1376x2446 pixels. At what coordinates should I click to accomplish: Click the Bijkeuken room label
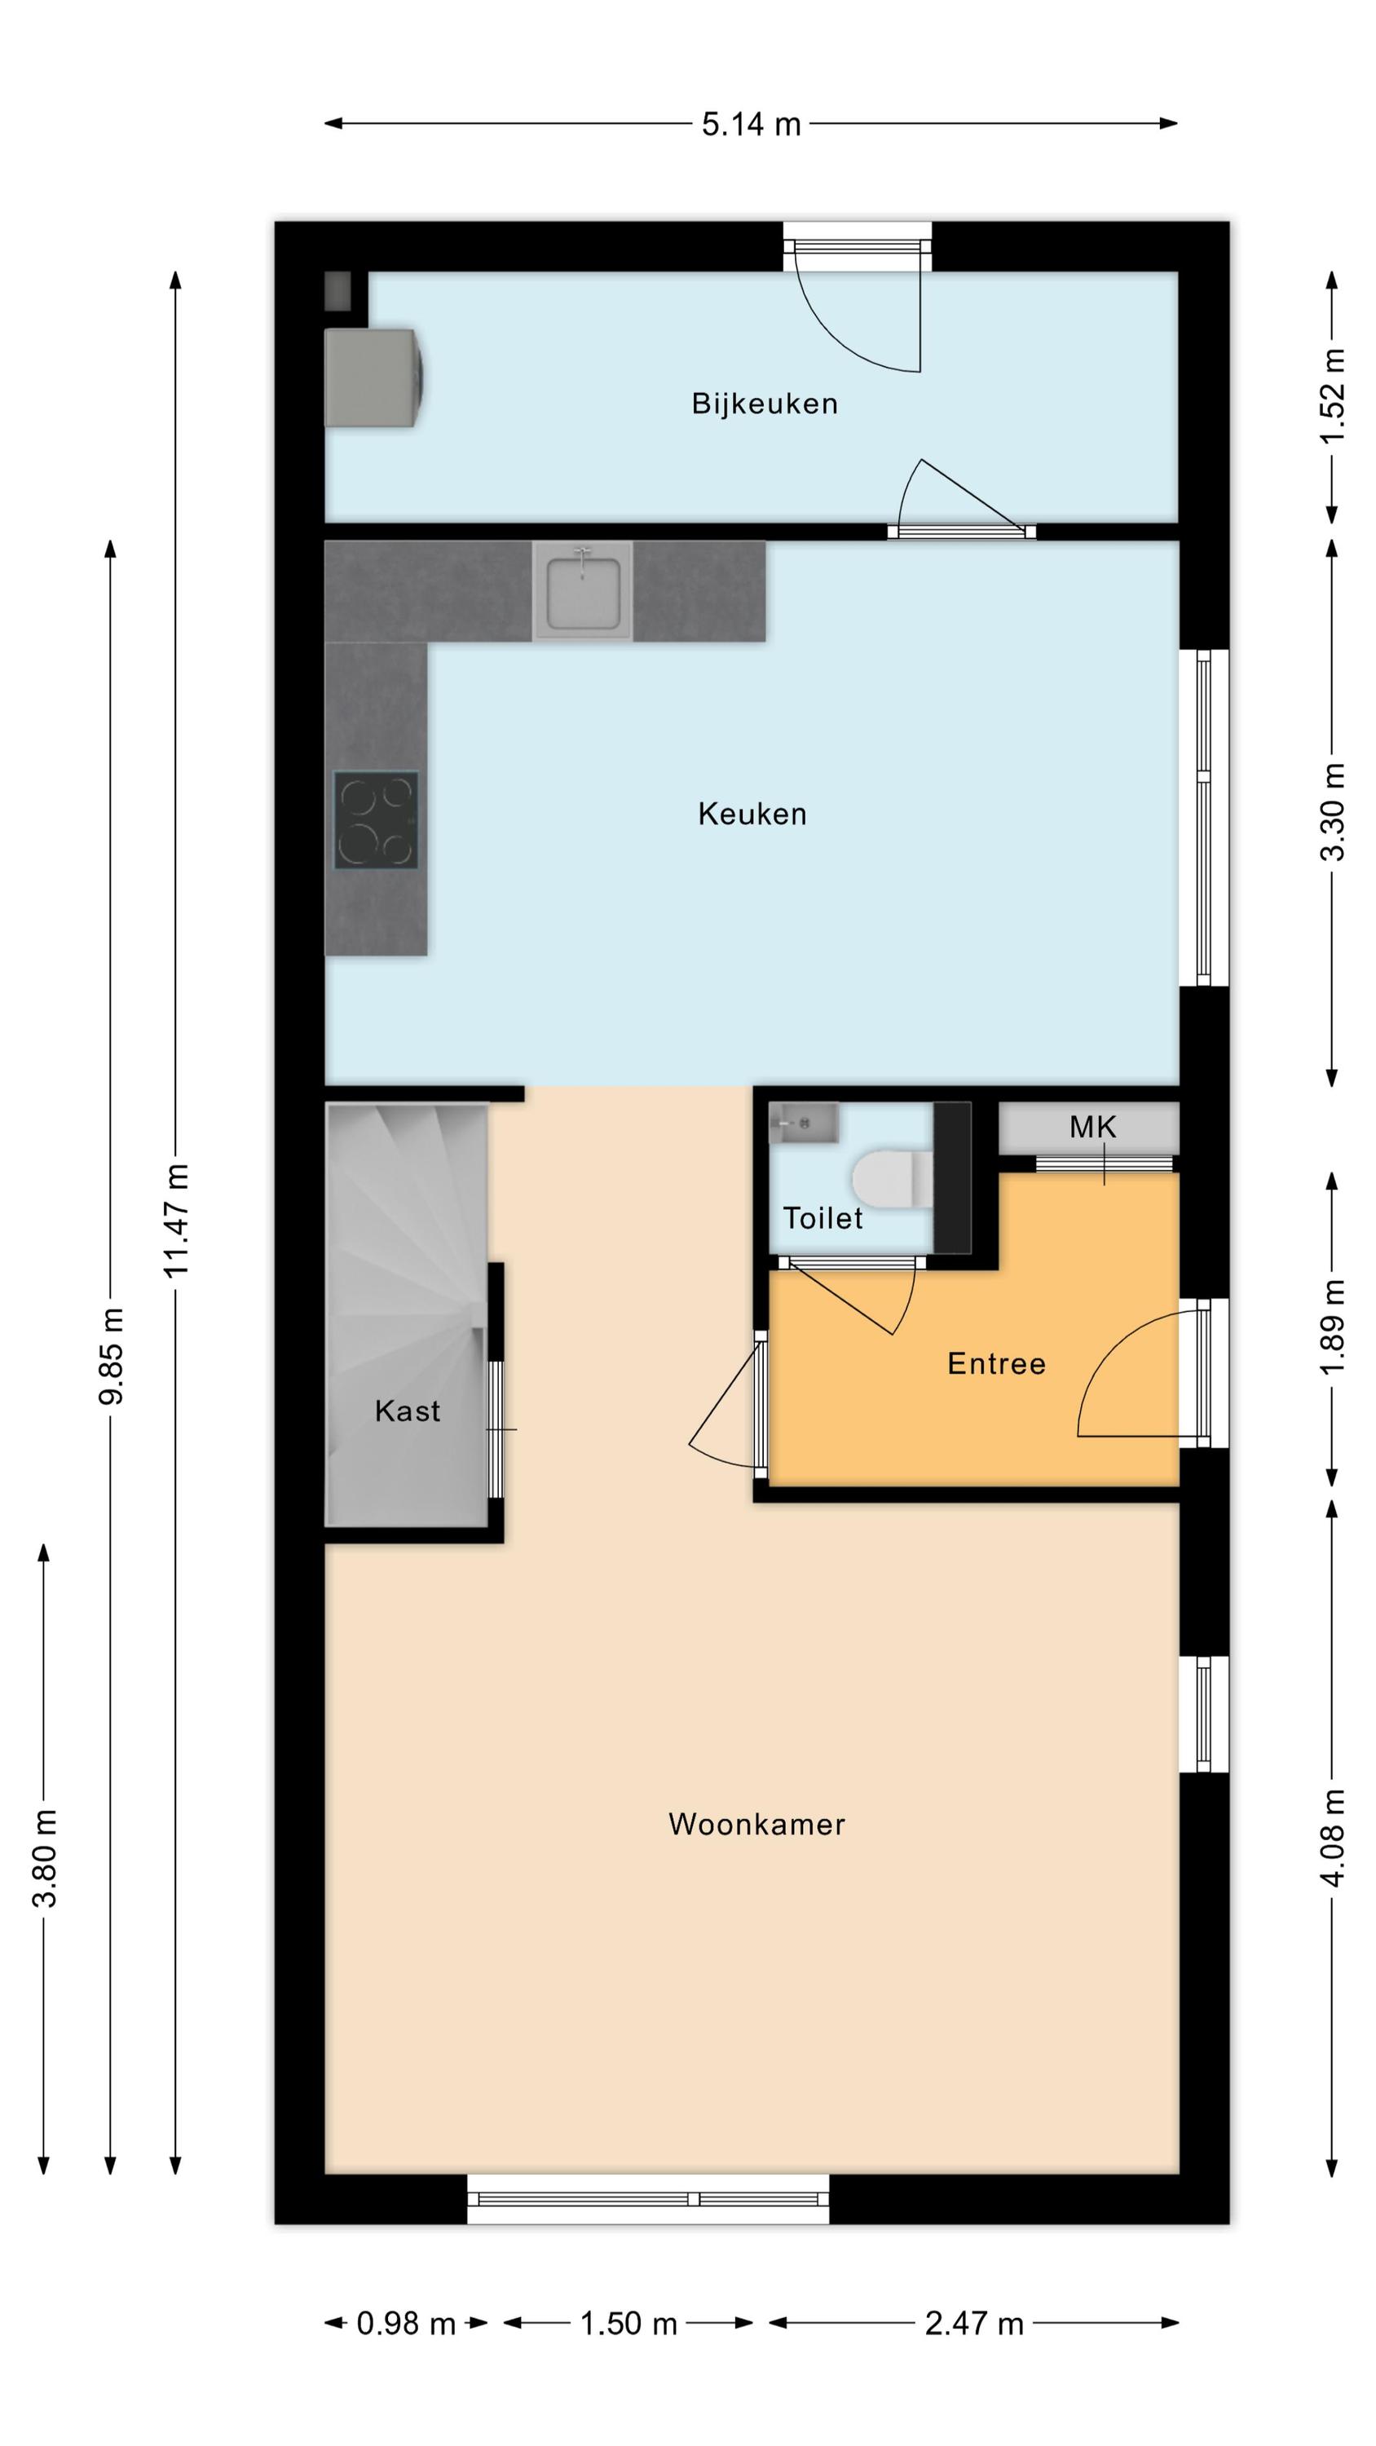tap(764, 404)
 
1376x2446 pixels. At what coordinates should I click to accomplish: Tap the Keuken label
tap(752, 814)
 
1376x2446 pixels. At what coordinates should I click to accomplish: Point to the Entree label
tap(996, 1363)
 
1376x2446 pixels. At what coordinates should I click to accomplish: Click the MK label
tap(1092, 1127)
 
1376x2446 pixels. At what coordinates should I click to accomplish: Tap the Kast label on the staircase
tap(408, 1411)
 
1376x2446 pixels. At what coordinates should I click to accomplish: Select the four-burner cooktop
tap(376, 820)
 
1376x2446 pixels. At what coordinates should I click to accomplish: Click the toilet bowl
tap(892, 1179)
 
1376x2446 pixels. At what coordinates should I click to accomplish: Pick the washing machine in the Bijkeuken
tap(373, 378)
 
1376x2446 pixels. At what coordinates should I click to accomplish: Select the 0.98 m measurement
tap(405, 2324)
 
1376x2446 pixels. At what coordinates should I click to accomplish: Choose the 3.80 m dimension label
tap(46, 1859)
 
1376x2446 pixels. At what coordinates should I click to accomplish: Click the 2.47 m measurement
tap(974, 2324)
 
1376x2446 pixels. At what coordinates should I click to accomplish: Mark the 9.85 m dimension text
tap(111, 1356)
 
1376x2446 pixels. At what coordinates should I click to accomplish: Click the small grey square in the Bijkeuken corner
tap(338, 290)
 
